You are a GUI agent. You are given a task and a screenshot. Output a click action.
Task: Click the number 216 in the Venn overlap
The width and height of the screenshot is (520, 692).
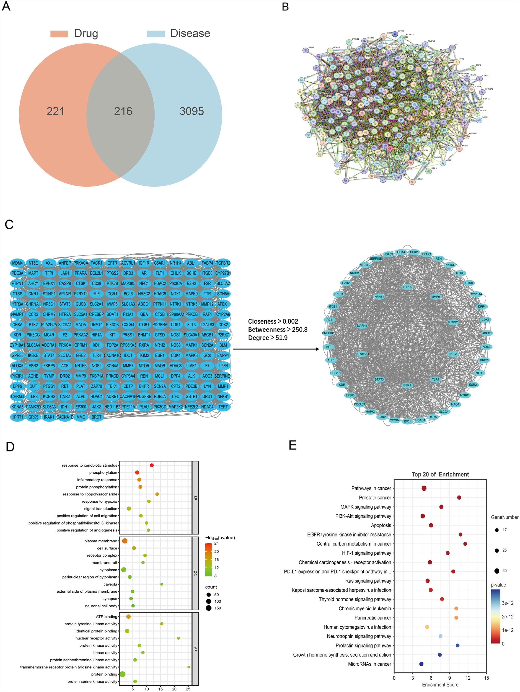click(x=123, y=111)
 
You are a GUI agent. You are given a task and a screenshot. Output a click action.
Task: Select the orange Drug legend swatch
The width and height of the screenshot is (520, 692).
click(x=59, y=34)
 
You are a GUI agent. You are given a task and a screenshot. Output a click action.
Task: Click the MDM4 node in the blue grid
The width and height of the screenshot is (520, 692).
click(x=17, y=263)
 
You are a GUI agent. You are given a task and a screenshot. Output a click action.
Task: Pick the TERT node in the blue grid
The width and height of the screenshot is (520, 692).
click(x=223, y=407)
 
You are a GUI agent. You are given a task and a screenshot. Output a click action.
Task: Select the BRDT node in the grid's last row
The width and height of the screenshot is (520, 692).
click(x=96, y=417)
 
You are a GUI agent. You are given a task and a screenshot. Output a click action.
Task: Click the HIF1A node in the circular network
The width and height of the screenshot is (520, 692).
click(x=407, y=287)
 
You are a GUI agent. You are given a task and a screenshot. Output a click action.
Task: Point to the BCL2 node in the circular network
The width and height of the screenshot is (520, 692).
click(x=453, y=354)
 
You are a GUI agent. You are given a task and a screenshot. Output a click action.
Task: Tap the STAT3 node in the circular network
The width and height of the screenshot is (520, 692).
click(x=379, y=379)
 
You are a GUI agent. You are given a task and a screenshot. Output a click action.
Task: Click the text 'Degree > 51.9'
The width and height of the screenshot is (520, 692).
click(x=268, y=338)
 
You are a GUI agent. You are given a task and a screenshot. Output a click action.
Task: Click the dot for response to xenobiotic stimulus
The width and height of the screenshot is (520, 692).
click(x=152, y=465)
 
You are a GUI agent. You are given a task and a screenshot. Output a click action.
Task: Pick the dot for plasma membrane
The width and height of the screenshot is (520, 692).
click(x=125, y=541)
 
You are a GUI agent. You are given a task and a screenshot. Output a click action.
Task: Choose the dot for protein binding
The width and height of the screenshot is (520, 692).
click(x=123, y=674)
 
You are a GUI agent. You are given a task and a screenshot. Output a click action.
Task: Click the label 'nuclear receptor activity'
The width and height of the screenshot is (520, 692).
click(x=96, y=638)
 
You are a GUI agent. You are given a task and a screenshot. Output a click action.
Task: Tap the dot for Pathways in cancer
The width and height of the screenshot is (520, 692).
click(x=424, y=488)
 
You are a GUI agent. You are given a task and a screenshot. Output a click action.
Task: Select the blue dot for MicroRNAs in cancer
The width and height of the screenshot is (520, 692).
click(x=421, y=664)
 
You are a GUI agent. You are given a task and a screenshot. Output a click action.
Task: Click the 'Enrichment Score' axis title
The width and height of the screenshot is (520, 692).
click(x=440, y=685)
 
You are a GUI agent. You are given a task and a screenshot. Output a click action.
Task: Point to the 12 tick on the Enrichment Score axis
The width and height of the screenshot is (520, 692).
click(x=468, y=678)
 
